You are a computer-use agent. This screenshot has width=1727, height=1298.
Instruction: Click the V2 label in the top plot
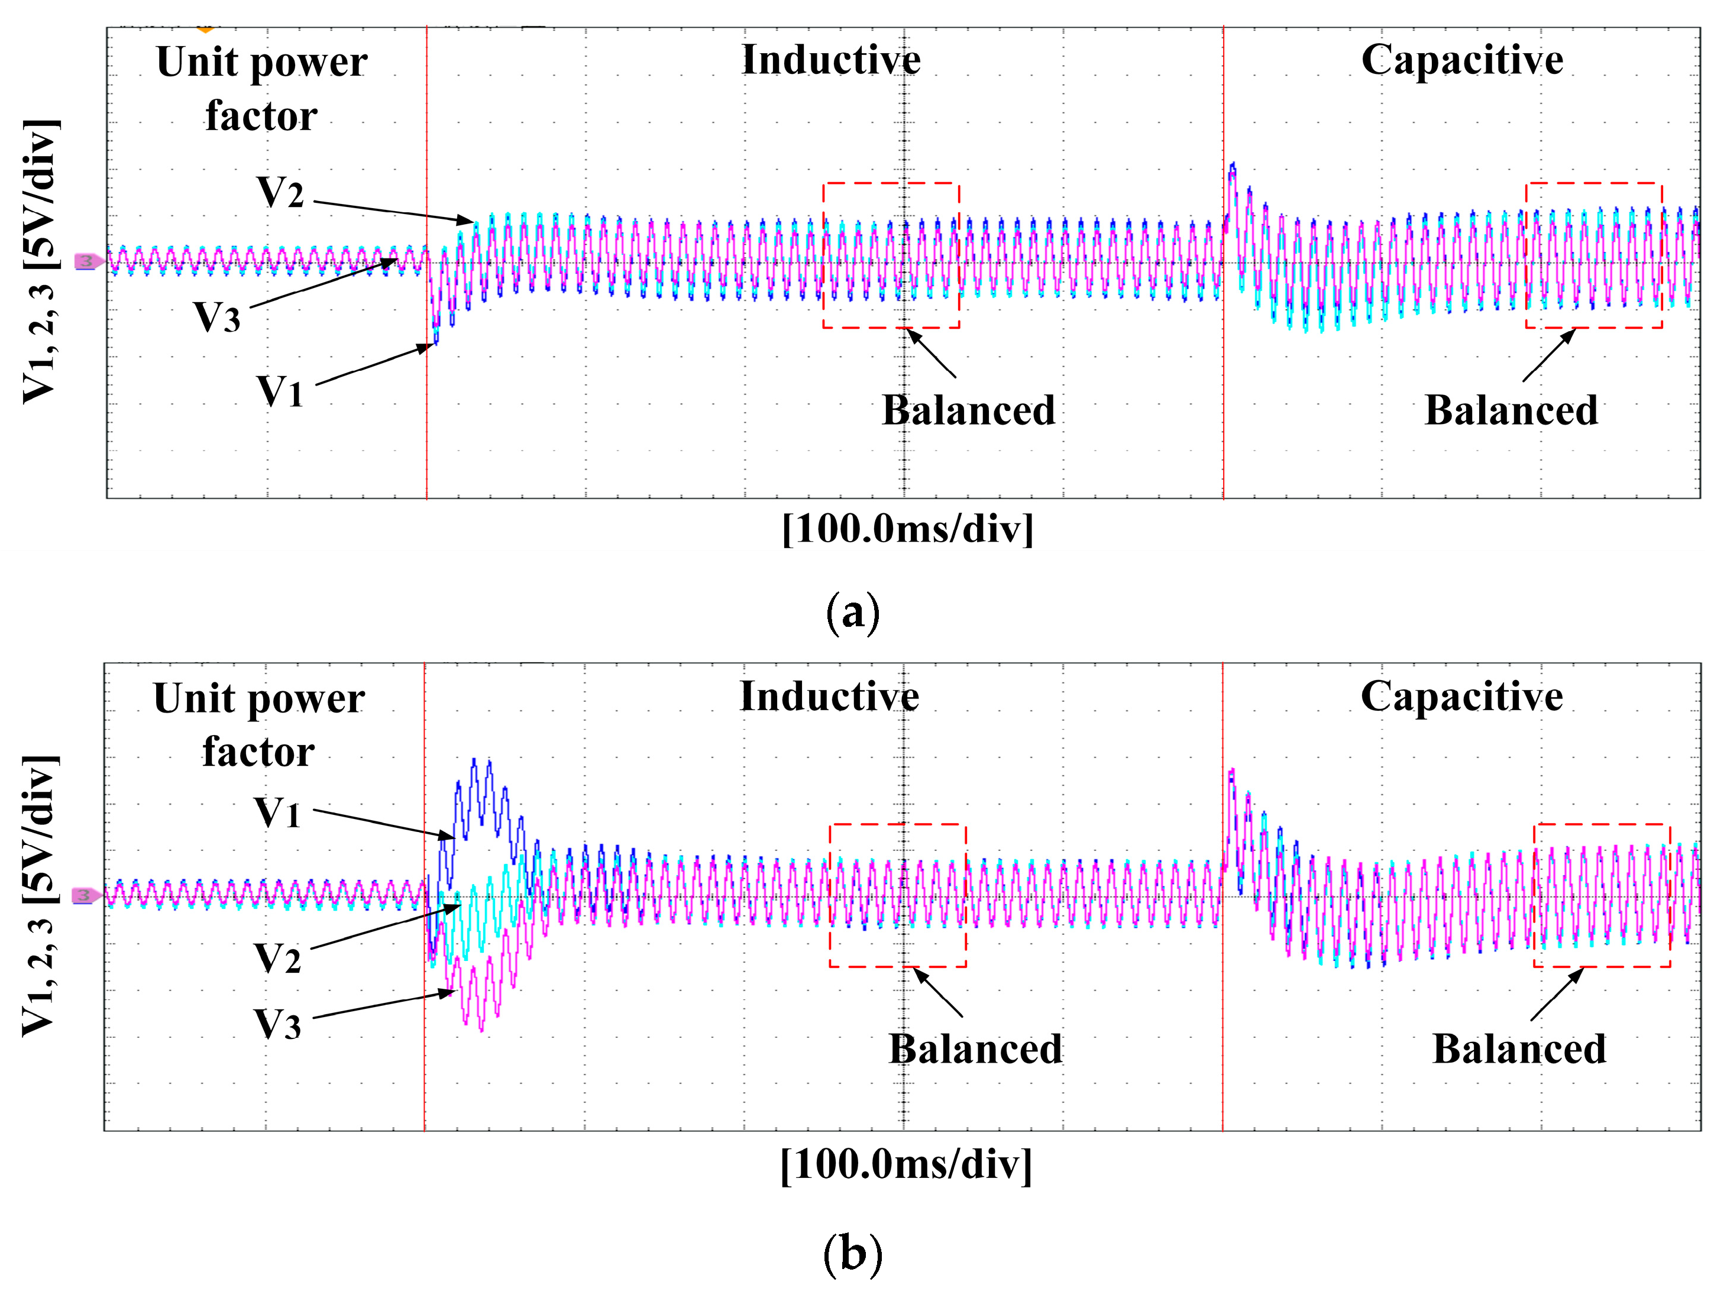pyautogui.click(x=280, y=192)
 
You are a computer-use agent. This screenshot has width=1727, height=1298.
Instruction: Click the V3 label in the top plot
pyautogui.click(x=216, y=317)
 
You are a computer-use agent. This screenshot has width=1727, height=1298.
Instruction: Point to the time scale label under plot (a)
pyautogui.click(x=907, y=529)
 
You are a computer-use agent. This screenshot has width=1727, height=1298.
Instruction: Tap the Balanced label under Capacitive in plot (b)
pyautogui.click(x=1519, y=1048)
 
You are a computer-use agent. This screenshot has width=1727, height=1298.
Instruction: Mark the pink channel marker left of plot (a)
pyautogui.click(x=87, y=261)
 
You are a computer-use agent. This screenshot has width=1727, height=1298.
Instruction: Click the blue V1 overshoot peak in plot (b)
pyautogui.click(x=474, y=760)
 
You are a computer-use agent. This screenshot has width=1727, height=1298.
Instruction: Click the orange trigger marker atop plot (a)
pyautogui.click(x=205, y=30)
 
